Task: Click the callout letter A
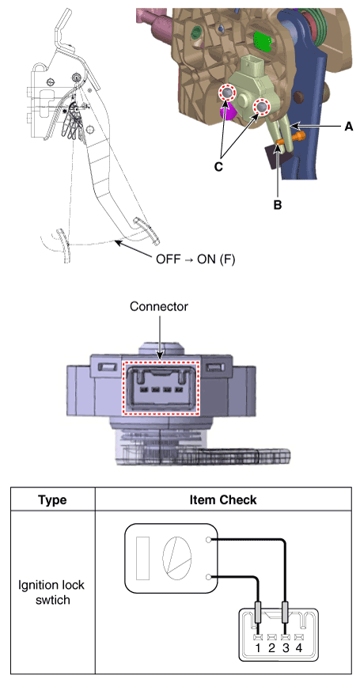(x=348, y=127)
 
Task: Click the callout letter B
(x=277, y=204)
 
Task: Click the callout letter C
(x=218, y=166)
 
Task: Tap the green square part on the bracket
(x=263, y=40)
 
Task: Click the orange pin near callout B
(x=291, y=140)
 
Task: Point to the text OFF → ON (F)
(x=195, y=260)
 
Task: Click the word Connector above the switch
(x=159, y=306)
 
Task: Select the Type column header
(x=52, y=499)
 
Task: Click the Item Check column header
(x=223, y=499)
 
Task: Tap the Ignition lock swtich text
(x=51, y=592)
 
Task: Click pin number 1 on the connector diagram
(x=258, y=648)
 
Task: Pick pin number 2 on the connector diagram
(x=272, y=648)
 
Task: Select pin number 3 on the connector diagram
(x=286, y=648)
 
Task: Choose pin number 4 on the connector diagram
(x=298, y=648)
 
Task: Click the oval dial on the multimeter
(x=176, y=558)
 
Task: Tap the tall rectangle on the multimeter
(x=142, y=558)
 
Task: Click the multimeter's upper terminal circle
(x=209, y=540)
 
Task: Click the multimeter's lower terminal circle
(x=209, y=577)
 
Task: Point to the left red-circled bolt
(x=226, y=93)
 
